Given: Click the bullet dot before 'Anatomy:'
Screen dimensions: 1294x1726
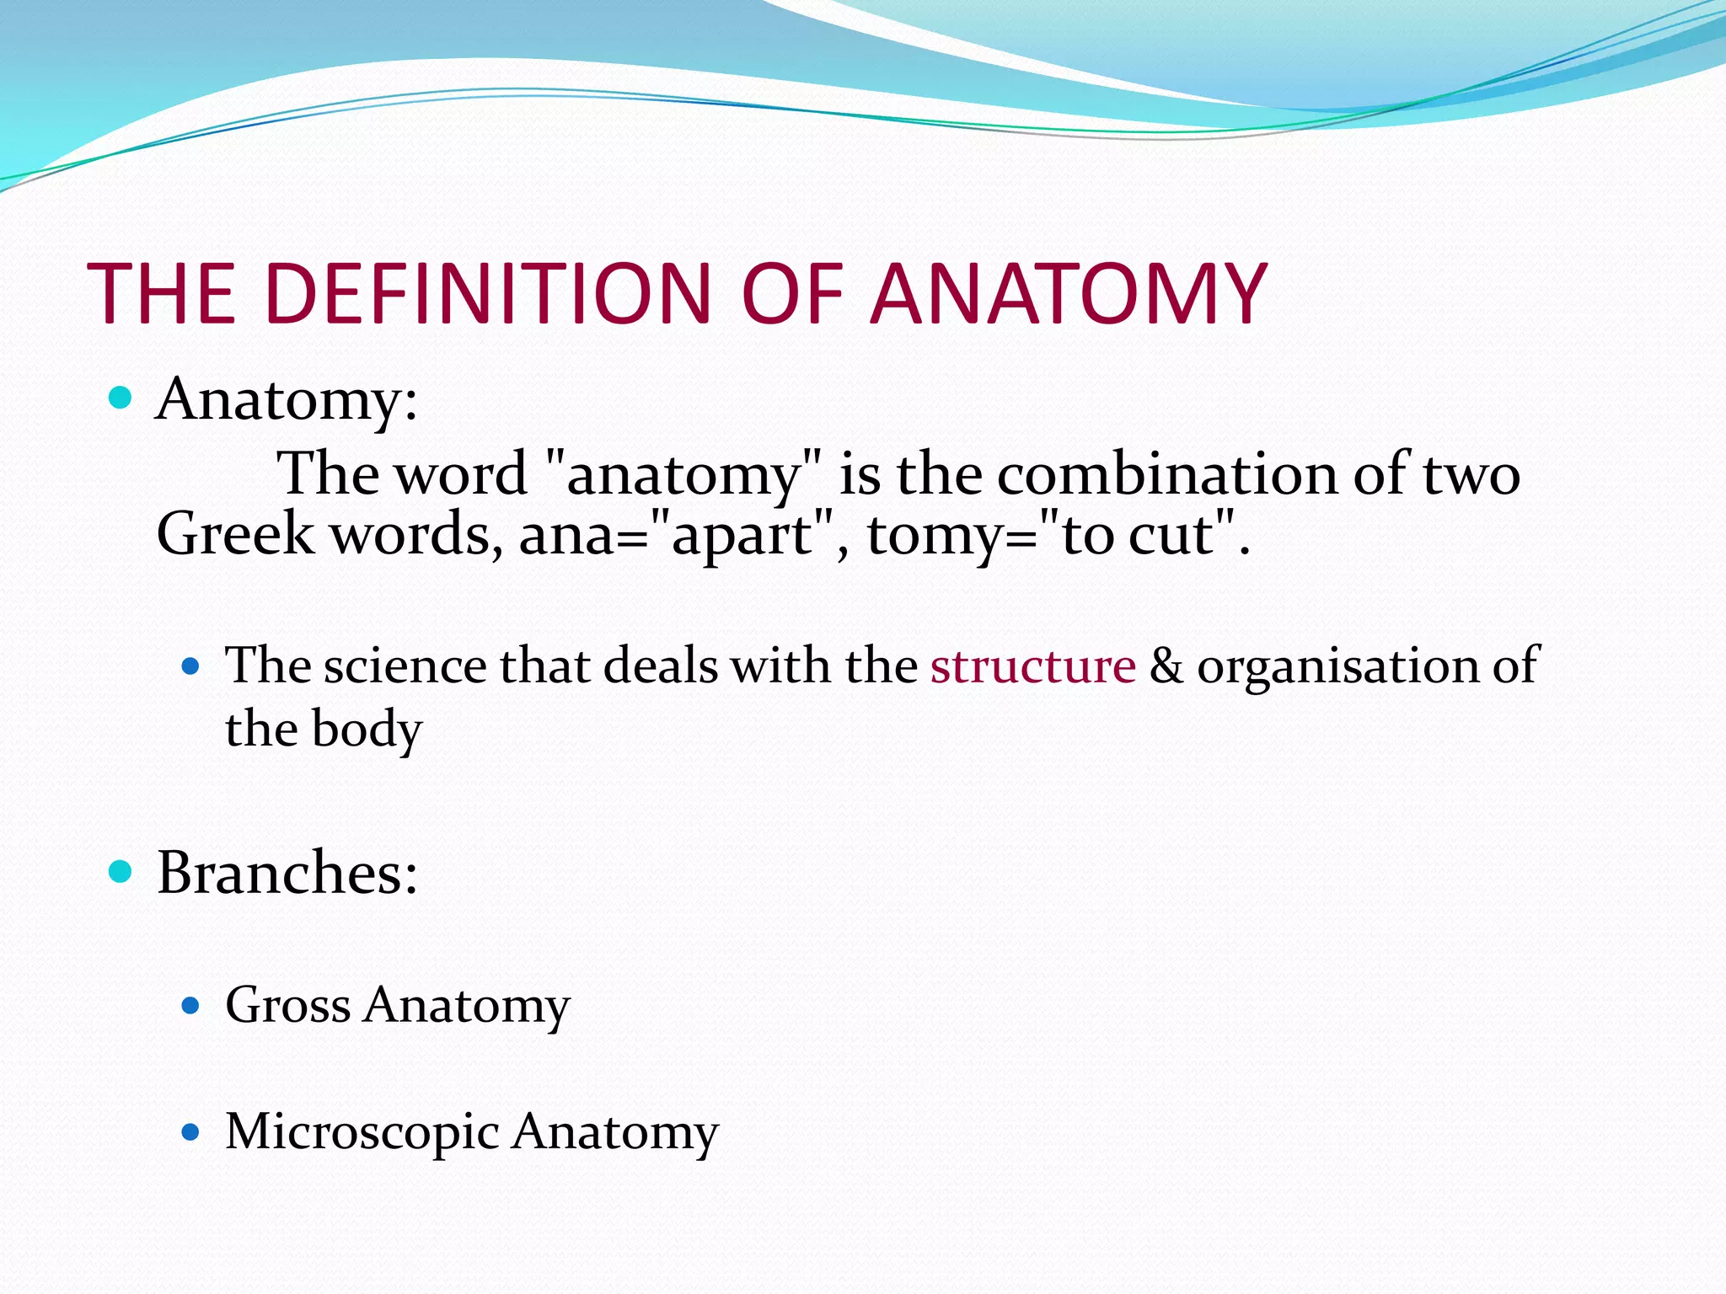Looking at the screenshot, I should (x=121, y=398).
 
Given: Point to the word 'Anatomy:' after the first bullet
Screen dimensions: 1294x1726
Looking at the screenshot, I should (x=287, y=399).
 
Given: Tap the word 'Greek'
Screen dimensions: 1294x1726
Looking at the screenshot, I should (x=235, y=534).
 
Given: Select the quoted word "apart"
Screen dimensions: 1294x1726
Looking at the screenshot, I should (x=742, y=536).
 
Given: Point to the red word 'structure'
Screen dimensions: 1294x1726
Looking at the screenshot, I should (x=1033, y=666).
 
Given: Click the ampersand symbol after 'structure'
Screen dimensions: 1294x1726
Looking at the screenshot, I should (x=1166, y=666).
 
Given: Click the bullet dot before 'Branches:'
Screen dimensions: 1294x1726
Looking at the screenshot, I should (x=121, y=872).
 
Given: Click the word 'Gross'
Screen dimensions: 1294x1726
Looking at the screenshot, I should (x=287, y=1005).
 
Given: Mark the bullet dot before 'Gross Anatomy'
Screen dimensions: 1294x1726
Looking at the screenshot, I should (x=190, y=1005).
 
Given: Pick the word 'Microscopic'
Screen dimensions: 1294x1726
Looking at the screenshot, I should (x=362, y=1132).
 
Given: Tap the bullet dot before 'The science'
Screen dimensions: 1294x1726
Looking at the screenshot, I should (x=190, y=668).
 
